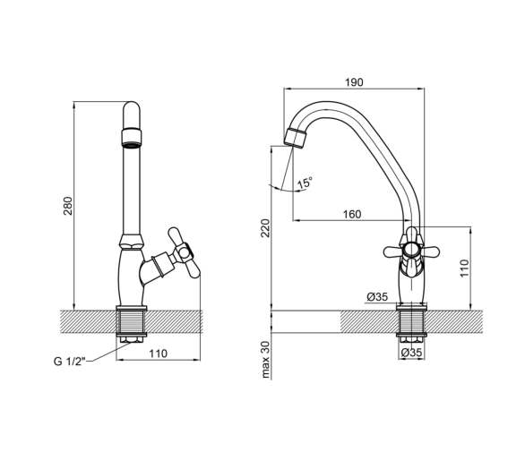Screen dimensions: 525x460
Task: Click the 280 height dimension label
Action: click(67, 206)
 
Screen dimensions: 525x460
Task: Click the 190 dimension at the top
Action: click(354, 82)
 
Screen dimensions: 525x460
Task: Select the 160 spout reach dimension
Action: click(352, 214)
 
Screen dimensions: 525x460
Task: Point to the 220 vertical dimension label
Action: click(265, 228)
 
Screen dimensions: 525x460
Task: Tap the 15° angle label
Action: click(305, 183)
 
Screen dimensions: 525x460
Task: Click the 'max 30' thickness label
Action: click(265, 360)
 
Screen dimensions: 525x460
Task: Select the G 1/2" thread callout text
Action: click(70, 362)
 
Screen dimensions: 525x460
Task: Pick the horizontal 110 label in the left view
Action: click(158, 354)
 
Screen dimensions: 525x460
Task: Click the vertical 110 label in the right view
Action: click(464, 268)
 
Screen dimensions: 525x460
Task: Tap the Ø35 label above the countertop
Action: click(377, 297)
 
